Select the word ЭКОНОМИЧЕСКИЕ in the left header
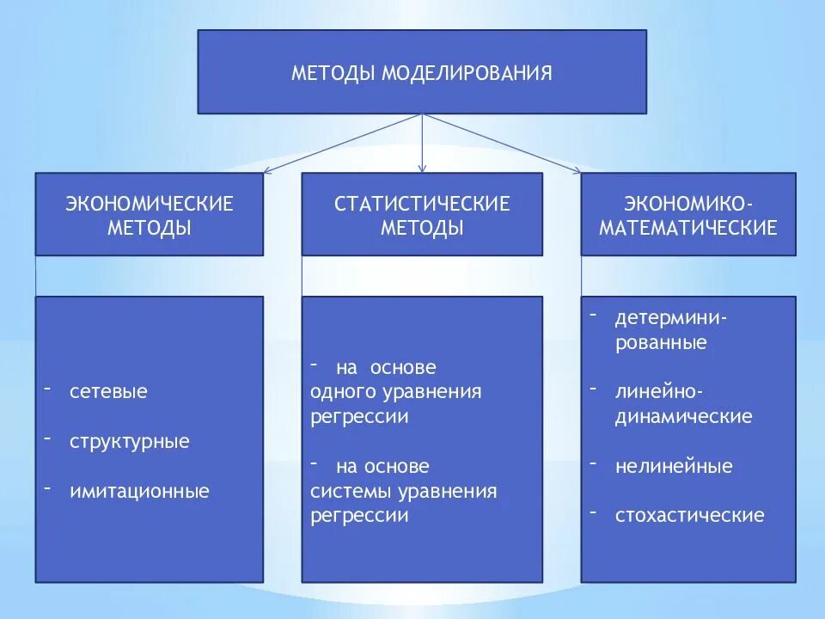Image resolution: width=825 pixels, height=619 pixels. (x=150, y=204)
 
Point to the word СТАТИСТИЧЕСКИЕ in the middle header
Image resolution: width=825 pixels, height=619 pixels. (x=422, y=204)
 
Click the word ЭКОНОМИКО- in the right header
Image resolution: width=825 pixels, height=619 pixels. (x=688, y=204)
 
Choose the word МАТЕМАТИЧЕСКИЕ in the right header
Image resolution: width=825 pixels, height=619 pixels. (x=688, y=228)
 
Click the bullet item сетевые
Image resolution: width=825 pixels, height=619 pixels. (x=108, y=392)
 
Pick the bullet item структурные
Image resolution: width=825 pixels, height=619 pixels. (x=129, y=442)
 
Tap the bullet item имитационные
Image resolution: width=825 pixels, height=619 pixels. (x=139, y=492)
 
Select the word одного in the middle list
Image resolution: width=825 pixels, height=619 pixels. (x=339, y=392)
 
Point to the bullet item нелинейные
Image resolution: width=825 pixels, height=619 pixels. (x=674, y=467)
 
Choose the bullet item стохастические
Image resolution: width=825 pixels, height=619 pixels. (x=689, y=516)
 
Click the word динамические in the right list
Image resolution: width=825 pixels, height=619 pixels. (x=683, y=417)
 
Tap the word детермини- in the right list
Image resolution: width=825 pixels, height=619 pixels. (x=671, y=318)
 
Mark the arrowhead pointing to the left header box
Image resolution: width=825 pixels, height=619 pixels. (x=267, y=170)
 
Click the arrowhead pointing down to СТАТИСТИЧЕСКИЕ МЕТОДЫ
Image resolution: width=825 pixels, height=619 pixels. (x=422, y=168)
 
